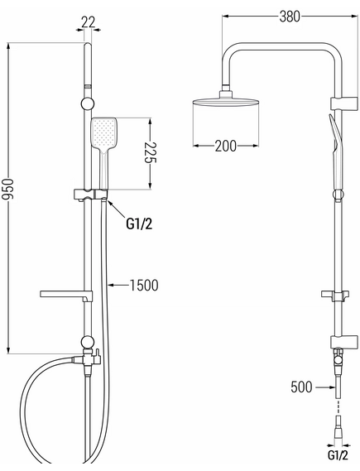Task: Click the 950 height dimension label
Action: click(7, 189)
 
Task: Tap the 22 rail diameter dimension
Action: click(89, 22)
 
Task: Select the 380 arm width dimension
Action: click(290, 17)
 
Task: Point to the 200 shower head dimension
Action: click(225, 146)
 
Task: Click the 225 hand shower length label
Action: click(151, 152)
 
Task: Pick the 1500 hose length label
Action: click(144, 286)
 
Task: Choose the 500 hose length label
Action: click(301, 387)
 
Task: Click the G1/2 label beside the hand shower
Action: click(139, 223)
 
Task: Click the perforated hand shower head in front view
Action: click(103, 133)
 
